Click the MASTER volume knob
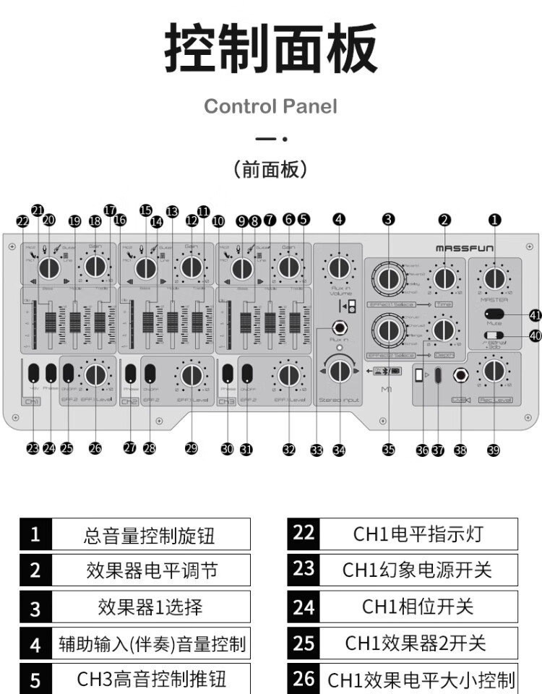(x=494, y=278)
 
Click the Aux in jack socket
(x=338, y=327)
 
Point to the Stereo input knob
(x=338, y=371)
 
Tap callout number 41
(x=535, y=315)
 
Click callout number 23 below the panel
(x=33, y=449)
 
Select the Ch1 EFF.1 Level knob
(x=95, y=374)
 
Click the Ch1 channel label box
(x=32, y=400)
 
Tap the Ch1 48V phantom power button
(x=33, y=373)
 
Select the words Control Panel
(x=270, y=106)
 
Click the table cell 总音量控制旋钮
(x=150, y=535)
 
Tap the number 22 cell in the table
(x=304, y=534)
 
